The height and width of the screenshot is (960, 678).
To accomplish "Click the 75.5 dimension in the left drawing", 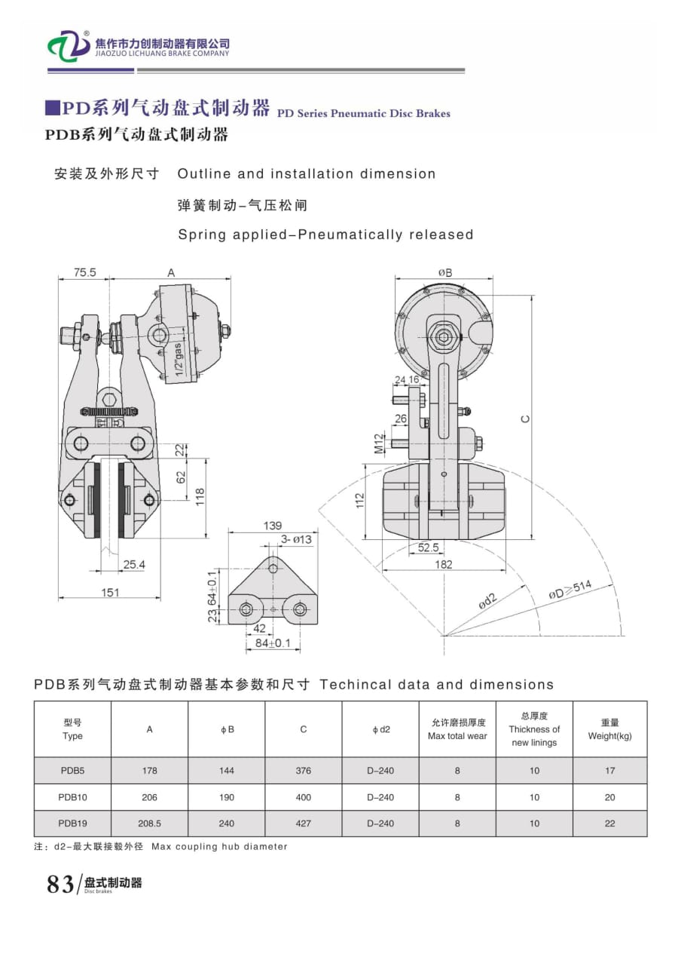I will click(x=84, y=273).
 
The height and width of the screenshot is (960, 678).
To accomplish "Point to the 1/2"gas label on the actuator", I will click(x=179, y=359).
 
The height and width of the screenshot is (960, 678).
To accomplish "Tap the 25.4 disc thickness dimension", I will click(x=135, y=564).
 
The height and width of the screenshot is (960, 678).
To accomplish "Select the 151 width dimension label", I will click(x=110, y=593).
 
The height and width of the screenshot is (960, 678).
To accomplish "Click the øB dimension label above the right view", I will click(x=445, y=273).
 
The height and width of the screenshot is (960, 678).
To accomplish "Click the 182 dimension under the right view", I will click(x=444, y=564).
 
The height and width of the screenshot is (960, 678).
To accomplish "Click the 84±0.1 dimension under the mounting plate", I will click(x=273, y=643).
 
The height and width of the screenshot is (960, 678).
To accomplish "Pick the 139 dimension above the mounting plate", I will click(x=272, y=525).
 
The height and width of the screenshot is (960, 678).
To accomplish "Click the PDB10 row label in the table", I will click(x=72, y=797).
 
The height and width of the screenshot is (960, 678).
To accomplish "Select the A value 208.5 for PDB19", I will click(x=149, y=824).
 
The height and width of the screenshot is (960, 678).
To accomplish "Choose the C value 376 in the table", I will click(x=303, y=771).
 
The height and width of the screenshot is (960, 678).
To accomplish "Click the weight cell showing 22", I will click(x=609, y=824).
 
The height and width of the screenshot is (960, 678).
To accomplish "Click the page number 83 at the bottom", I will click(x=60, y=884).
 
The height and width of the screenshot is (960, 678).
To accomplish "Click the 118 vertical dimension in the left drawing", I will click(x=200, y=497).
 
